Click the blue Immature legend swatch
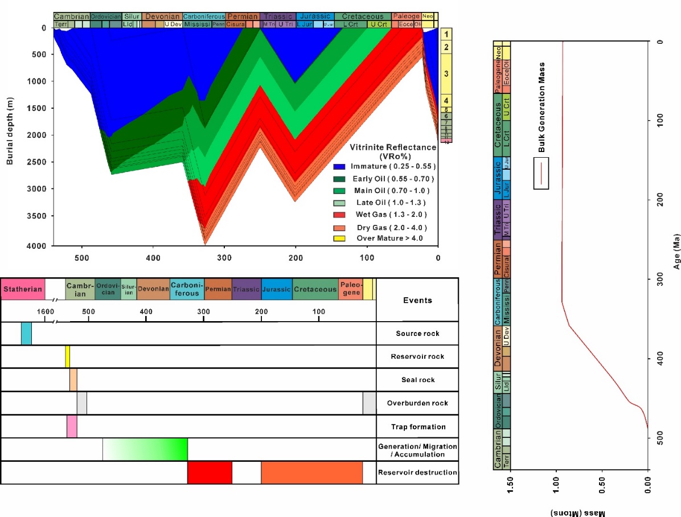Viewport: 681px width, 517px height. click(340, 166)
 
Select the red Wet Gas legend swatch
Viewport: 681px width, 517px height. click(340, 214)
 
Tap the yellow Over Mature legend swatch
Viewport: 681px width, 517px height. click(340, 239)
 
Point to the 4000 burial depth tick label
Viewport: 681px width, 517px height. click(40, 246)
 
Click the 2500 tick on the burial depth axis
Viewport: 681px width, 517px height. click(40, 162)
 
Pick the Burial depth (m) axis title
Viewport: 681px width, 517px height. click(10, 132)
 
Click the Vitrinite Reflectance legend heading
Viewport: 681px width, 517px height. click(392, 151)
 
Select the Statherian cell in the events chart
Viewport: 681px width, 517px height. click(23, 289)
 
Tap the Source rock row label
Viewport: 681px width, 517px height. click(417, 334)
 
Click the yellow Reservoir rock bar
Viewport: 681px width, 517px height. click(67, 356)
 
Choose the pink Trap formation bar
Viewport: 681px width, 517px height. click(72, 426)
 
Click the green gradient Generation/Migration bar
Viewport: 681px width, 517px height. click(145, 449)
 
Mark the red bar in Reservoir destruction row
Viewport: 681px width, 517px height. click(210, 473)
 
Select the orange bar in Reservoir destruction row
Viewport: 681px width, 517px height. click(311, 473)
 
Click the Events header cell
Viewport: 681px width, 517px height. click(417, 300)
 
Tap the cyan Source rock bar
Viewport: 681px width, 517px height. click(26, 333)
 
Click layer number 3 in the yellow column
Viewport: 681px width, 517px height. click(446, 73)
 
